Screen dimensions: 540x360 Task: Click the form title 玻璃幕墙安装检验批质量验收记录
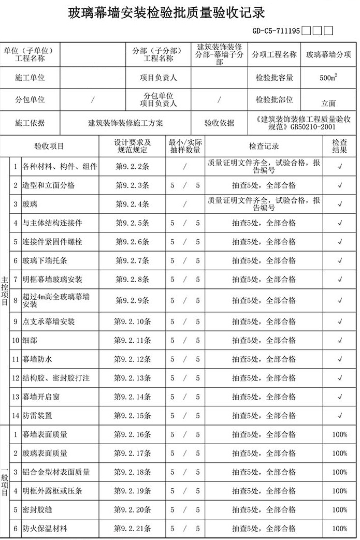[x=167, y=12]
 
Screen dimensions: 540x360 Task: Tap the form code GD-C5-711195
[x=276, y=31]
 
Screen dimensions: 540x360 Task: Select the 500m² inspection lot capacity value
[x=328, y=78]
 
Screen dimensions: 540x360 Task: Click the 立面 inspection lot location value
[x=328, y=103]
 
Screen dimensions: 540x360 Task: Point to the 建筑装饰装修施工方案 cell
[x=125, y=123]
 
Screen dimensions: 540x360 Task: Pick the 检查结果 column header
[x=340, y=146]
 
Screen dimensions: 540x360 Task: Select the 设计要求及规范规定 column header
[x=133, y=146]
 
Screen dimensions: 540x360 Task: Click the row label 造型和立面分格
[x=49, y=185]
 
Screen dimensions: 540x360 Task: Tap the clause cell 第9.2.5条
[x=133, y=223]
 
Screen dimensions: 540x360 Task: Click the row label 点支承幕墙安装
[x=49, y=322]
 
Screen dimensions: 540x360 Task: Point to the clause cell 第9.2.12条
[x=133, y=359]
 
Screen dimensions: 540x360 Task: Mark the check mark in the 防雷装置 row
[x=340, y=416]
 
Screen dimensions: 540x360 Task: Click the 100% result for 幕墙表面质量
[x=340, y=435]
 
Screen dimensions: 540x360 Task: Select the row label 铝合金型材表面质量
[x=56, y=472]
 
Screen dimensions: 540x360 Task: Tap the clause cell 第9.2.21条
[x=133, y=529]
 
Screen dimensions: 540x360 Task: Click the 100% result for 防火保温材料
[x=340, y=529]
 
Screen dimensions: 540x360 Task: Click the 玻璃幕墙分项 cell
[x=328, y=54]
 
